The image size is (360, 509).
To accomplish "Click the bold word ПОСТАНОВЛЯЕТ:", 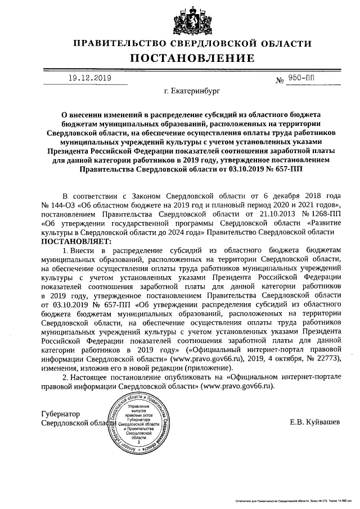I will (x=71, y=241).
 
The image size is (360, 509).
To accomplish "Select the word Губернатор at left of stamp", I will (x=62, y=413).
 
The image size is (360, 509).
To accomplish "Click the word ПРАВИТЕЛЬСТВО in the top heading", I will (x=130, y=43).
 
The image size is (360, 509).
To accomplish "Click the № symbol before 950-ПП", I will (x=279, y=80).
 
